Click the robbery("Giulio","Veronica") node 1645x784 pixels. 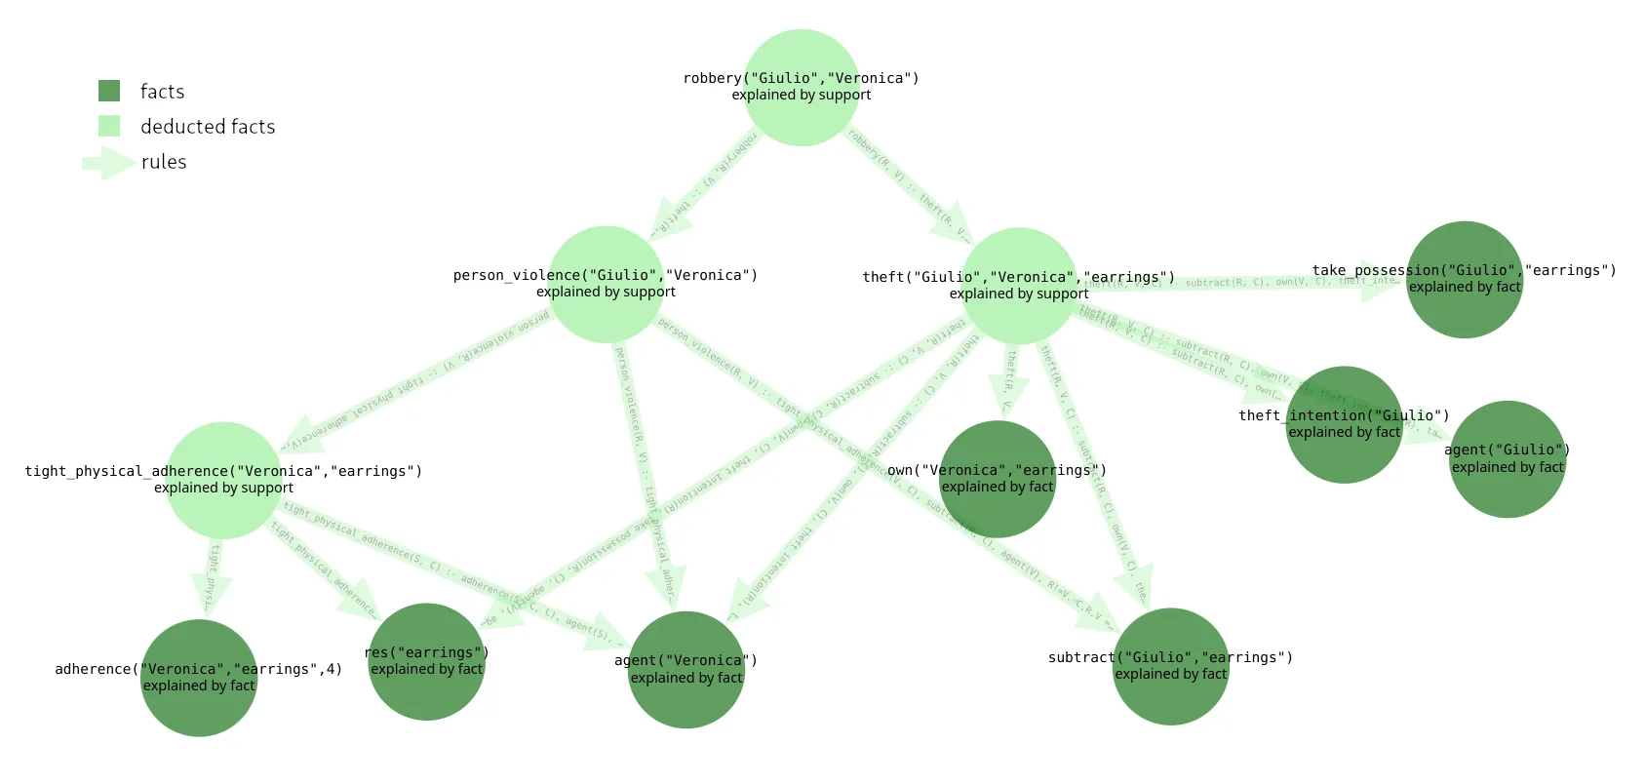(802, 88)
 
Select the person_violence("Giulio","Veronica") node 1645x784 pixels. (606, 285)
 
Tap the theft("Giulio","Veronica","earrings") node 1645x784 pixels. (1019, 286)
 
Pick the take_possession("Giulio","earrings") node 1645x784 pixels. (1465, 280)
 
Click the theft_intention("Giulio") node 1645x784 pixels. (1345, 425)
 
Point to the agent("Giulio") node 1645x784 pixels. (1508, 459)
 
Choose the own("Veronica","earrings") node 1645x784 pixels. (998, 480)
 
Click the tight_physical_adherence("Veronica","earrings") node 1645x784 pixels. (224, 481)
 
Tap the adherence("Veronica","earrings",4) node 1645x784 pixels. (199, 679)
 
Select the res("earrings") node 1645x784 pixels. (427, 662)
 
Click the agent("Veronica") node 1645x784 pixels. (686, 670)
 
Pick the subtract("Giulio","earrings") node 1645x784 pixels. (1171, 667)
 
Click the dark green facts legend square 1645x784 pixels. (109, 91)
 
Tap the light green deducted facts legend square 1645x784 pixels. (109, 126)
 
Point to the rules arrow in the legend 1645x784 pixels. (108, 163)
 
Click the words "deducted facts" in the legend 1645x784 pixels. (208, 127)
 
